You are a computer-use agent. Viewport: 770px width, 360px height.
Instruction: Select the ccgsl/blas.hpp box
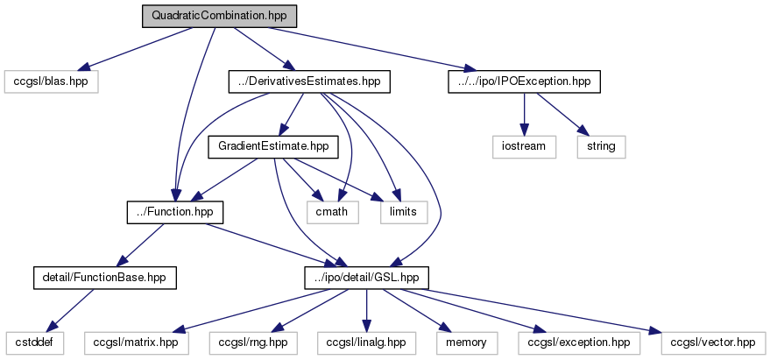51,81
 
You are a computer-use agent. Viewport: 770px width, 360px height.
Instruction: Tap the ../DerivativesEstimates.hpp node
309,81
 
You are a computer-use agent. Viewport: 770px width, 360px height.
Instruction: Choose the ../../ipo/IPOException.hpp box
524,81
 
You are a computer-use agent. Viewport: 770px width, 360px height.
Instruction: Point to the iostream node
524,146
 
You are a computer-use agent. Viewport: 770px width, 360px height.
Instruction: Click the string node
602,146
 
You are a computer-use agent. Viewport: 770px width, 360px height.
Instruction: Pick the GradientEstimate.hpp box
273,146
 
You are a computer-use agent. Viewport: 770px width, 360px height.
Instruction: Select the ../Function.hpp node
174,212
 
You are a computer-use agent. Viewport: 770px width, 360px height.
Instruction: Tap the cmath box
332,212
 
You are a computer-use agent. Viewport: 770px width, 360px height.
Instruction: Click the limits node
403,212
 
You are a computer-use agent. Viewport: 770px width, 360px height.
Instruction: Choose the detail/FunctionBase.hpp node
104,278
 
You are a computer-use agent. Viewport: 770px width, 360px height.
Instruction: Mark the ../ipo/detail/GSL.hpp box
366,278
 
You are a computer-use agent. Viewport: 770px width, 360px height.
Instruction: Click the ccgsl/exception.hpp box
574,342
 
